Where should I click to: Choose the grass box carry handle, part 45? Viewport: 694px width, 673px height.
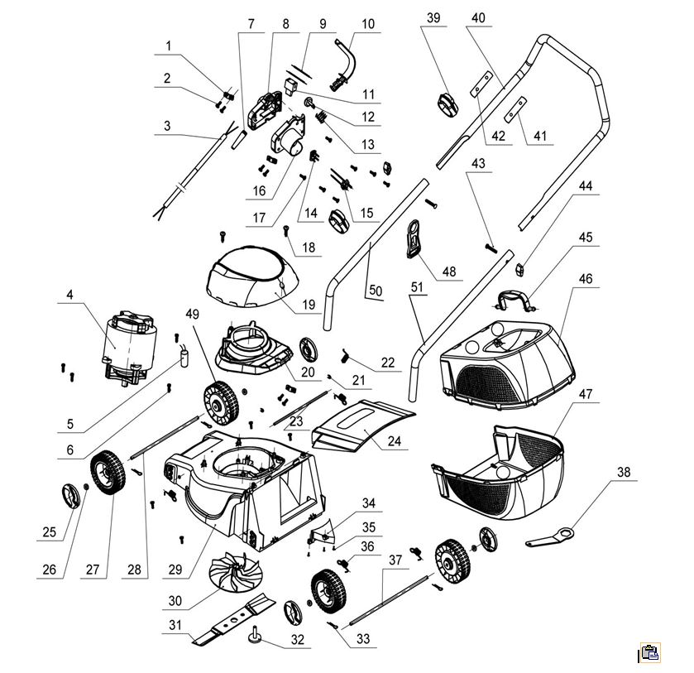tap(515, 299)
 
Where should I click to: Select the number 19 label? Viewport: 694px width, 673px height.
tap(309, 305)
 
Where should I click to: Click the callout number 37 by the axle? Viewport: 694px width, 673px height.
tap(394, 560)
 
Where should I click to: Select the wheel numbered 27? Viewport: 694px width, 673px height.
tap(107, 474)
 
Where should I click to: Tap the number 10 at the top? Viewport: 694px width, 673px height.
tap(367, 24)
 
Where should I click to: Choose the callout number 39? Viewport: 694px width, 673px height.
tap(434, 17)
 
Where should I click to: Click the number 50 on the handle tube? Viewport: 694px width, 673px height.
tap(375, 291)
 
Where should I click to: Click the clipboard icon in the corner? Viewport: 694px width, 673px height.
tap(650, 652)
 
